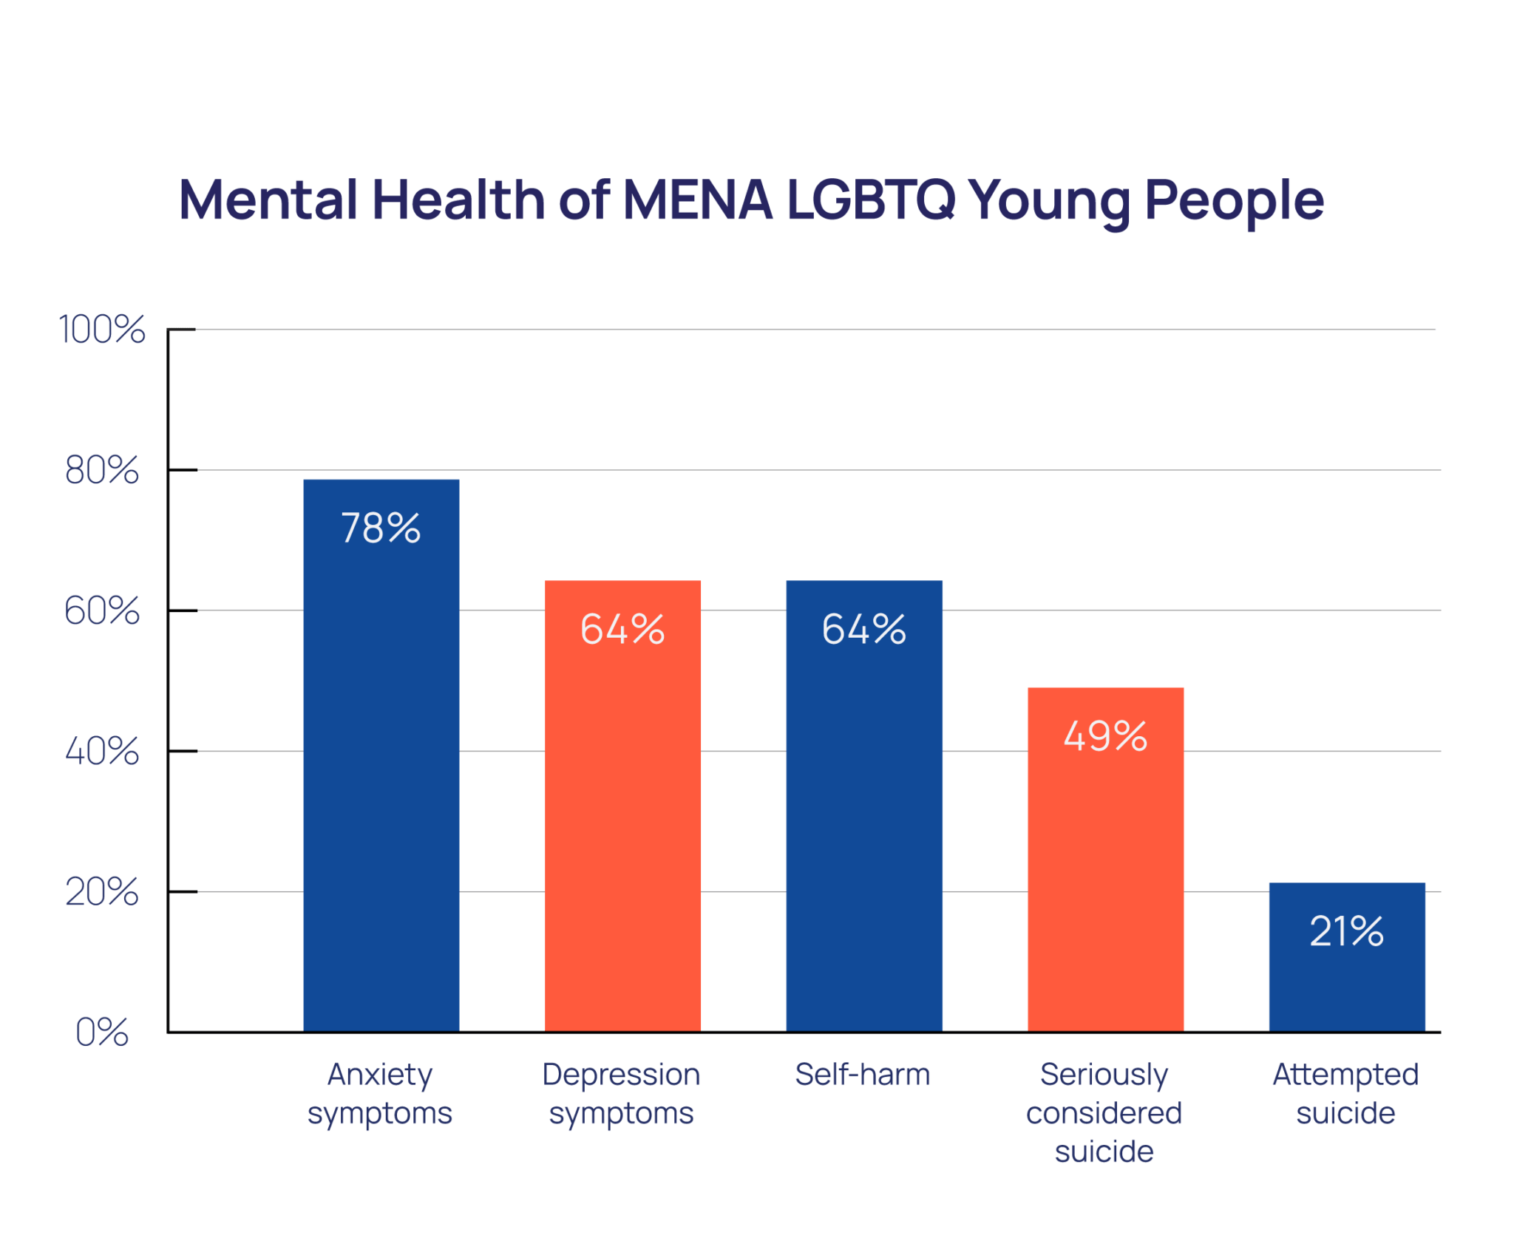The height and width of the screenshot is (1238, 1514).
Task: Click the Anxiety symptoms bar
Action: point(381,776)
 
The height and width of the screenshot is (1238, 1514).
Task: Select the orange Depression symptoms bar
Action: point(622,828)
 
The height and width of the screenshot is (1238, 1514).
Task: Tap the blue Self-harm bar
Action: point(863,828)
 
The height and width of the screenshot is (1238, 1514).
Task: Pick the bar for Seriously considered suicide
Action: point(1105,880)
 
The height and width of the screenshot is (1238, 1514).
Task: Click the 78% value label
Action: point(381,528)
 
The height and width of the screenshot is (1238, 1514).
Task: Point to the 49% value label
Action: point(1105,736)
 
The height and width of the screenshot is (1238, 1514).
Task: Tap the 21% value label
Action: point(1346,931)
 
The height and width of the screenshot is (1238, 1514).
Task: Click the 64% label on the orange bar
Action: point(622,629)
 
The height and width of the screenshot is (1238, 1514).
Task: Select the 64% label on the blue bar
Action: point(863,629)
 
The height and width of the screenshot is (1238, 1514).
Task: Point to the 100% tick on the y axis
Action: point(102,329)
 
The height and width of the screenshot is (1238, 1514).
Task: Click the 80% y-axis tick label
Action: point(102,470)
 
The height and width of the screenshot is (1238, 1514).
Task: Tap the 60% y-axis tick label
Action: point(102,611)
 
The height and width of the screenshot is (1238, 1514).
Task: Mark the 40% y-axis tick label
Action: point(102,751)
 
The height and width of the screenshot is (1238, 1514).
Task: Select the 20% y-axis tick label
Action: point(102,891)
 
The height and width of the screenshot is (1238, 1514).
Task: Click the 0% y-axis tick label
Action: point(102,1032)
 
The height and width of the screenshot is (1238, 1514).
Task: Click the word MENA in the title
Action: point(697,200)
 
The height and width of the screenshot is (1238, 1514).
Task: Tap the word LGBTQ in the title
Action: point(871,200)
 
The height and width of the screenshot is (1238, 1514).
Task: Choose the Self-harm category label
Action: point(862,1074)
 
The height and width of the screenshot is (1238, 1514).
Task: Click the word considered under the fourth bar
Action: point(1104,1112)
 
